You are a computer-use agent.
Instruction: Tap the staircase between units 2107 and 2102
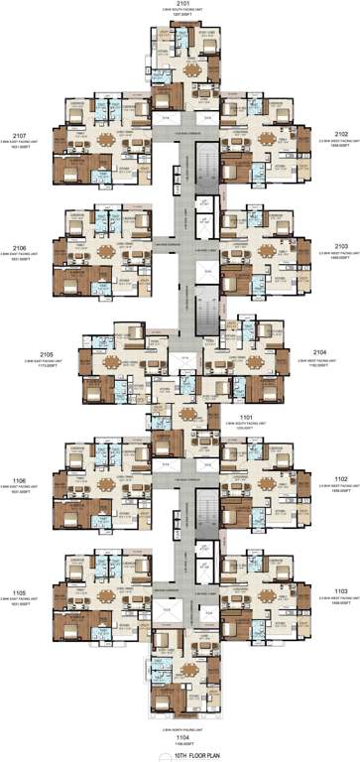click(x=205, y=159)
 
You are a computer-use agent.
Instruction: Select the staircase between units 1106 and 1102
click(x=205, y=506)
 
